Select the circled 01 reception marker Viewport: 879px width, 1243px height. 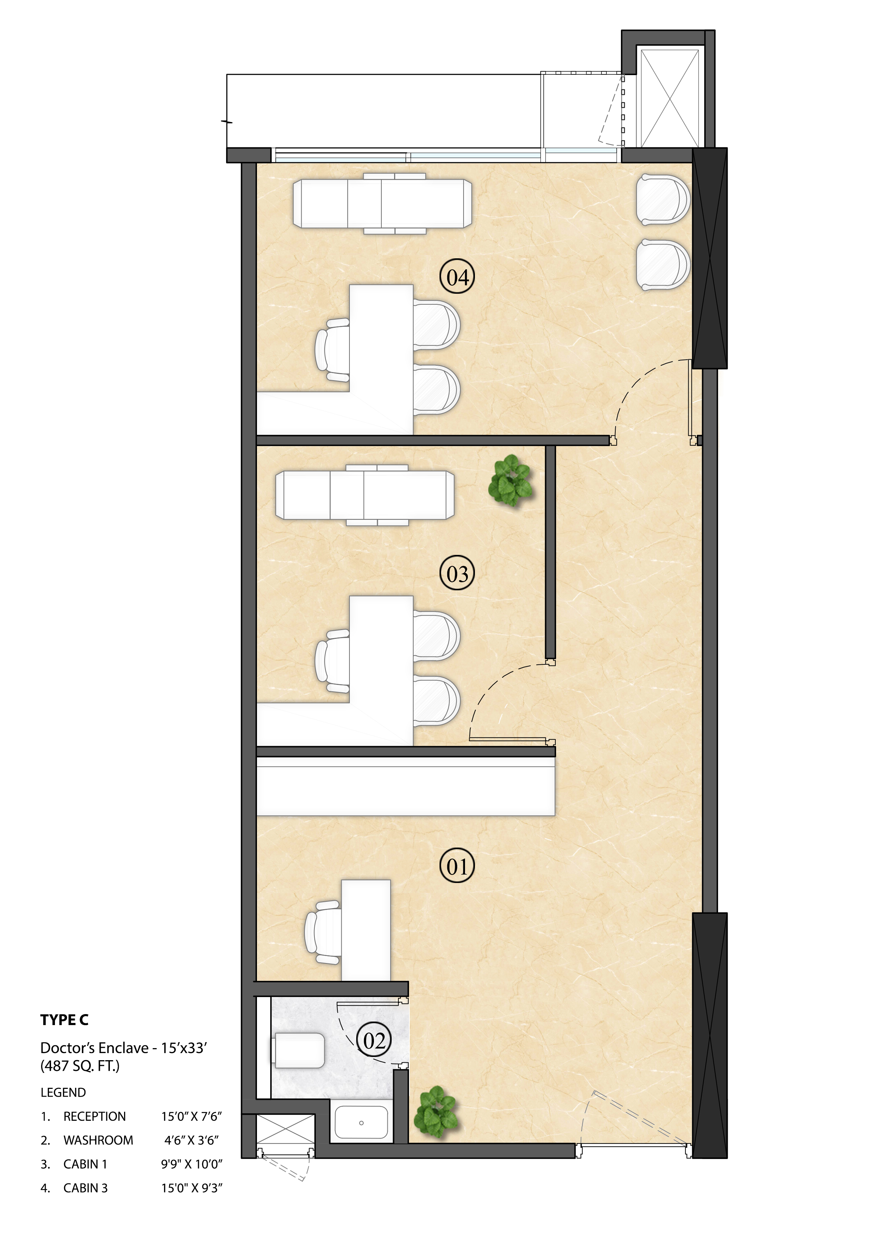point(457,867)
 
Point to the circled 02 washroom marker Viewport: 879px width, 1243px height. point(374,1041)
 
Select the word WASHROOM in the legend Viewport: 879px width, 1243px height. point(98,1140)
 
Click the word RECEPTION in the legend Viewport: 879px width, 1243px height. point(94,1116)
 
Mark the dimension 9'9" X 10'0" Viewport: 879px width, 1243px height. point(192,1164)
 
